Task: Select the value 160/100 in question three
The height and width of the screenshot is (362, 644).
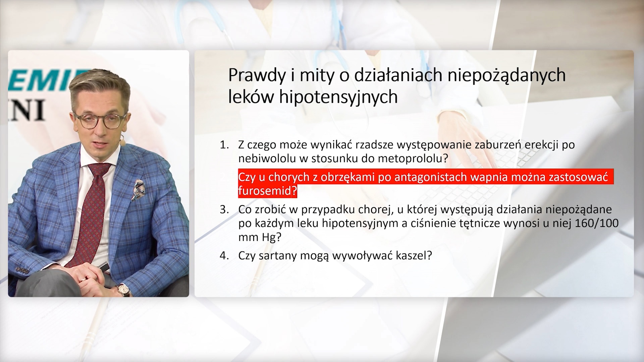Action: pyautogui.click(x=596, y=223)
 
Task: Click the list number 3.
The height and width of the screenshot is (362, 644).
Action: pyautogui.click(x=224, y=210)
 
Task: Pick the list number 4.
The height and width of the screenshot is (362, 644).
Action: pyautogui.click(x=224, y=256)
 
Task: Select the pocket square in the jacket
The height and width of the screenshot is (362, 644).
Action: pyautogui.click(x=139, y=190)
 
